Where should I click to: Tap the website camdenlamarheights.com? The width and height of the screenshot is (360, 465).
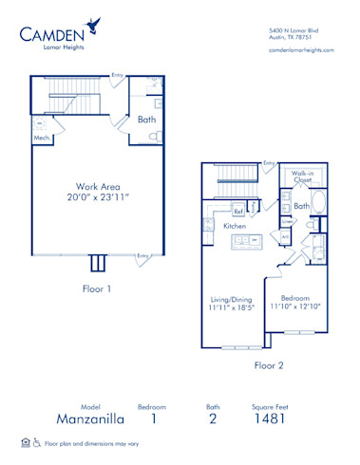point(301,49)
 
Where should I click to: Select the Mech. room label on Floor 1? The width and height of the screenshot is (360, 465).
point(41,137)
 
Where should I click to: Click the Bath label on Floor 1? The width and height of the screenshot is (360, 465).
point(145,120)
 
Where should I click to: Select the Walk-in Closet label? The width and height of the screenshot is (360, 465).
point(303,177)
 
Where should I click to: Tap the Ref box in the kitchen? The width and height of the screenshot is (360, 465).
point(239,210)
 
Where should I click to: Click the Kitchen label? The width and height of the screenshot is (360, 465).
point(235,228)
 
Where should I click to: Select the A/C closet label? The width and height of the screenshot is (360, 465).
point(286,236)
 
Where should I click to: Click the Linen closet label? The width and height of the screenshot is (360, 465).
point(286,222)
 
